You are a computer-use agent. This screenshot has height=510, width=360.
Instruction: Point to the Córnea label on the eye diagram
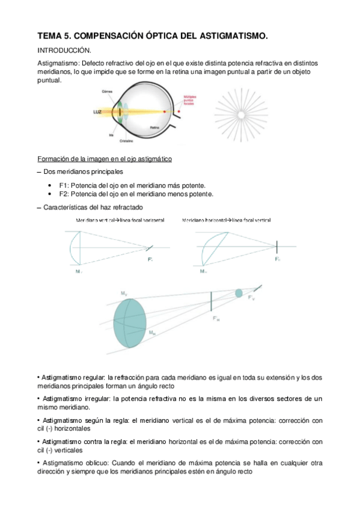(108, 91)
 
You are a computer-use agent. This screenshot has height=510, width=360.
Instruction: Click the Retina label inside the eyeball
(155, 127)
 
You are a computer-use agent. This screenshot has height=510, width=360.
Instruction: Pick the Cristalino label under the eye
(126, 141)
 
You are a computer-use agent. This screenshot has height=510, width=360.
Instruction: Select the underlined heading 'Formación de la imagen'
(105, 159)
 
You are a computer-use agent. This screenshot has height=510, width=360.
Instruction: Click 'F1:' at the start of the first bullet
(65, 186)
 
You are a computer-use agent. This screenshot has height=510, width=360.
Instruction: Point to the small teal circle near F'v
(239, 293)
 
